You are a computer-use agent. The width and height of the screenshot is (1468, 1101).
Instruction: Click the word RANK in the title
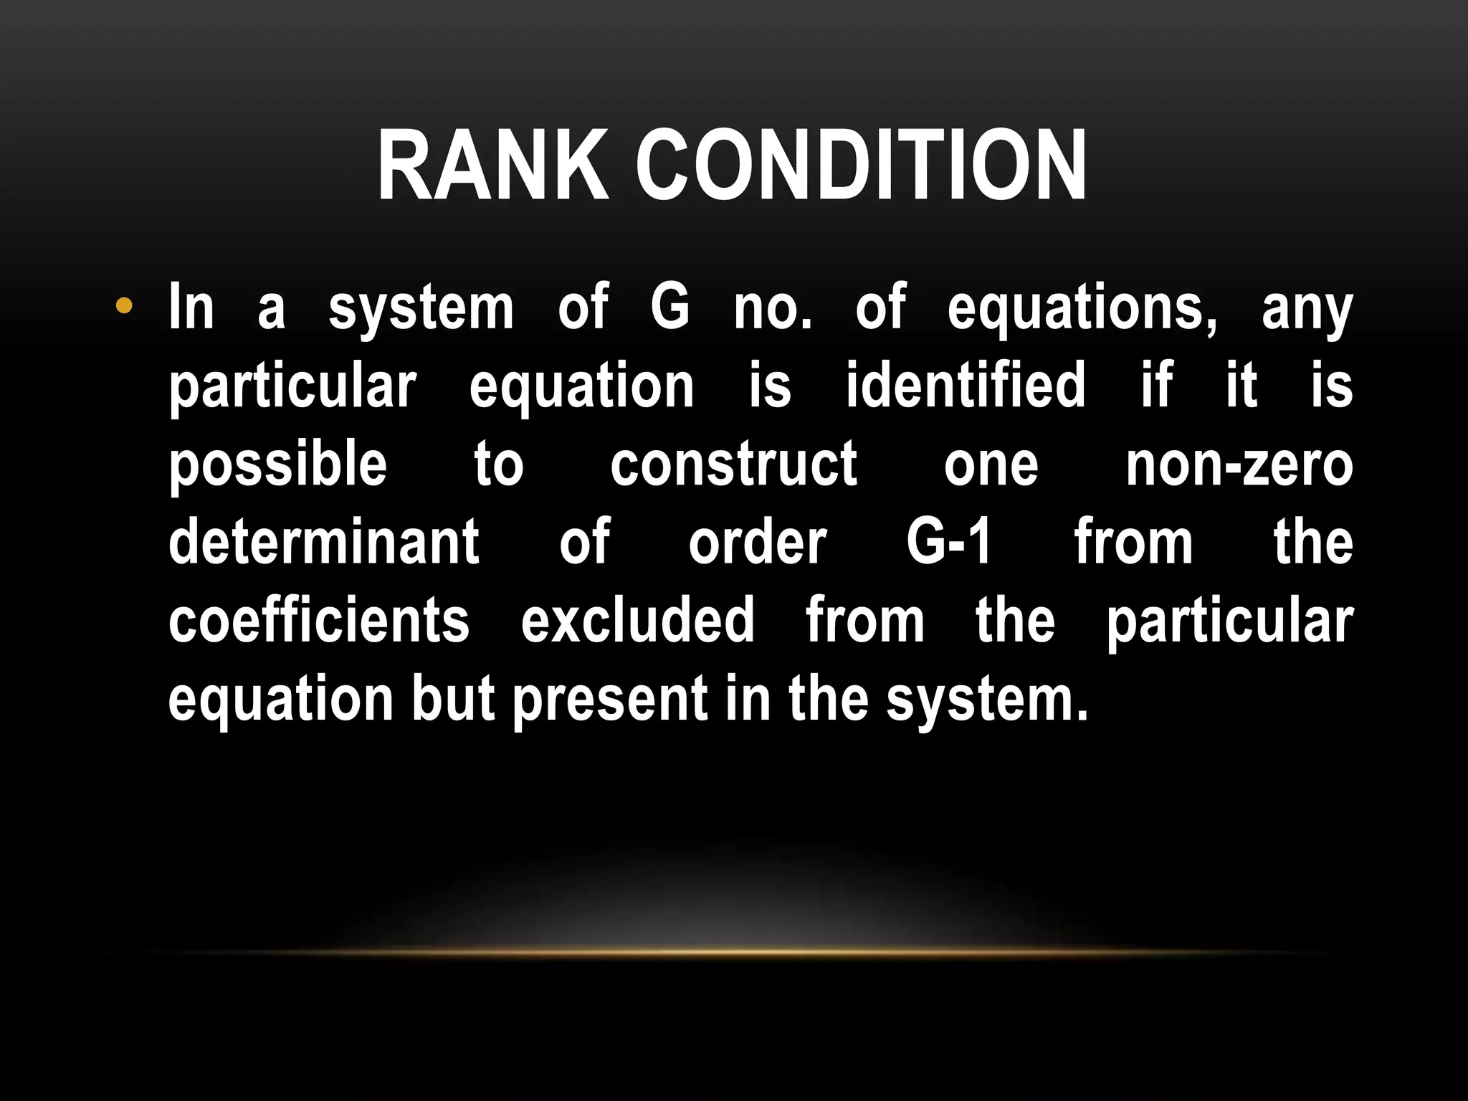click(492, 166)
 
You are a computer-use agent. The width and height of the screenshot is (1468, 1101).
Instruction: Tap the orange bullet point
click(124, 307)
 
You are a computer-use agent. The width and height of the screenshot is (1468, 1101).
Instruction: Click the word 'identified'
click(965, 386)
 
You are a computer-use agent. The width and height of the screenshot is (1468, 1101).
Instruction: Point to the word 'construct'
click(733, 464)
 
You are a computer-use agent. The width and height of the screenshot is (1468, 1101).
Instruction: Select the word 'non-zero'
click(1239, 464)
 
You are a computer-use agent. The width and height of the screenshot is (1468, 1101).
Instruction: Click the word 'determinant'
click(324, 542)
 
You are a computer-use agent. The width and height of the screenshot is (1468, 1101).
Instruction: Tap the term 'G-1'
click(949, 542)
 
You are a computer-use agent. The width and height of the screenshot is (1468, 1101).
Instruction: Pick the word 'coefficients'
click(319, 620)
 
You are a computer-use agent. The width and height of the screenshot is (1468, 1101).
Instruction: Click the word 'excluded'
click(637, 620)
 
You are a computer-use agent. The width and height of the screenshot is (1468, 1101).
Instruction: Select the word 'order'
click(758, 542)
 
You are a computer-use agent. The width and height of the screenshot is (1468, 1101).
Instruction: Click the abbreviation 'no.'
click(773, 308)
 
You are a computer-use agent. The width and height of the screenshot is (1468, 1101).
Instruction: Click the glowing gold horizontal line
click(734, 952)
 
